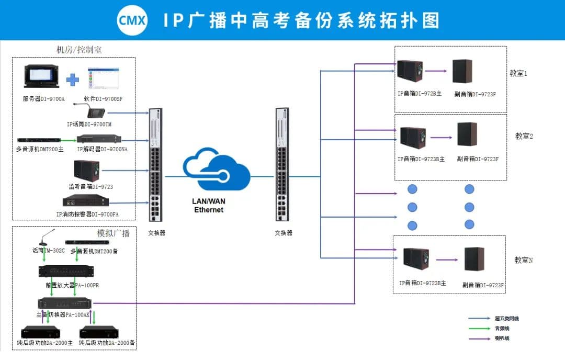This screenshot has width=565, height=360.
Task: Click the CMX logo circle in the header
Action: (x=132, y=20)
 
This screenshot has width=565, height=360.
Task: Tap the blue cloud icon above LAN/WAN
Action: (x=216, y=168)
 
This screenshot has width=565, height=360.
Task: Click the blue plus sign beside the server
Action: (x=72, y=80)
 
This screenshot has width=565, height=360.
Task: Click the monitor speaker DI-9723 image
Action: (x=86, y=171)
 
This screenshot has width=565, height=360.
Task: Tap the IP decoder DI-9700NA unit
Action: (x=99, y=140)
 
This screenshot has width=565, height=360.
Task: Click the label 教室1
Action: (x=518, y=73)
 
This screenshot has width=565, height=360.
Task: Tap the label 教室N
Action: (x=523, y=260)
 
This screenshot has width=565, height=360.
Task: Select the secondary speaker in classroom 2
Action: (x=467, y=135)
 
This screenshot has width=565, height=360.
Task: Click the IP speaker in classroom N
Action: (x=416, y=263)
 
